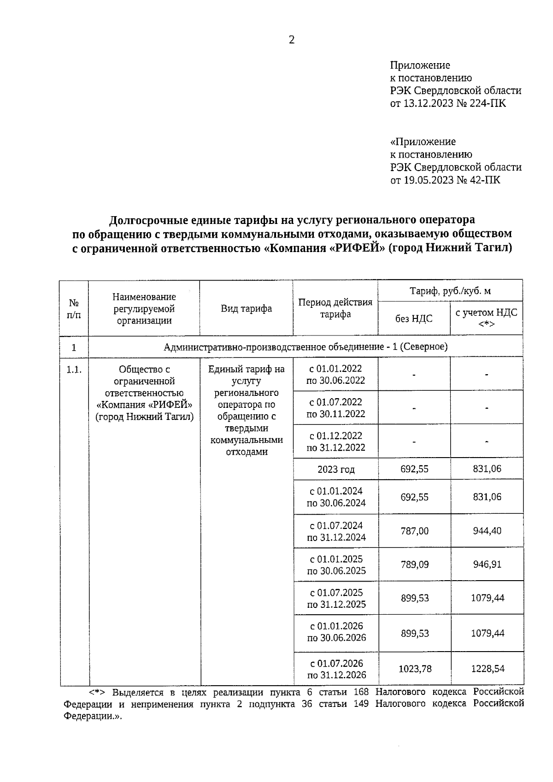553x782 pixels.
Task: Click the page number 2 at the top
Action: coord(291,40)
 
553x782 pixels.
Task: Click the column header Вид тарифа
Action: coord(246,309)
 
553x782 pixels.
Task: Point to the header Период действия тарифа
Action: coord(335,308)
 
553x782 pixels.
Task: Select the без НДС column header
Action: coord(414,318)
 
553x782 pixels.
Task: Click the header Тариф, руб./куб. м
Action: coord(450,291)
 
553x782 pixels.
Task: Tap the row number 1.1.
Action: coord(74,370)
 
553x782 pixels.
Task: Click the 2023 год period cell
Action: coord(336,470)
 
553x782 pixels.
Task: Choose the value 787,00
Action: coord(414,531)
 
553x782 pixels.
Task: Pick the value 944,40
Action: coord(487,531)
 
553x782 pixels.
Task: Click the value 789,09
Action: coord(414,564)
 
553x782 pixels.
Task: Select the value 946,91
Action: coord(487,564)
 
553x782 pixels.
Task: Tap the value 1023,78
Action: coord(415,669)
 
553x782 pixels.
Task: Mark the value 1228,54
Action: coord(488,669)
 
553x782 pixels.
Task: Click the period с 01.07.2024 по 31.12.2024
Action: coord(336,531)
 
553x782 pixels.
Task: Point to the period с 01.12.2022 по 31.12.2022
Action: coord(336,441)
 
